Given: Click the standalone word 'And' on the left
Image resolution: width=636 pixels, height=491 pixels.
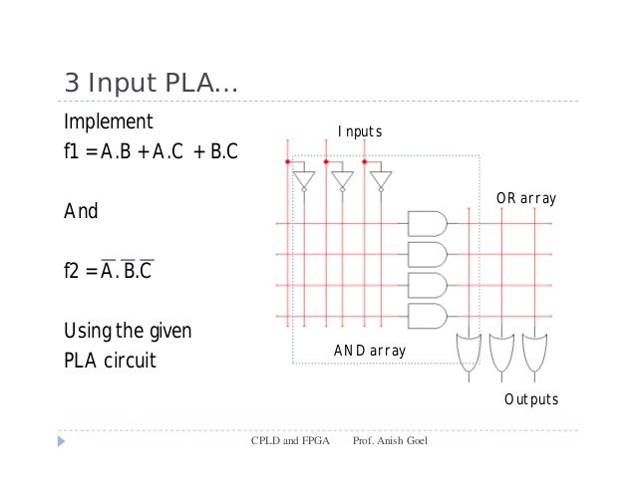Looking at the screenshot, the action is click(x=81, y=211).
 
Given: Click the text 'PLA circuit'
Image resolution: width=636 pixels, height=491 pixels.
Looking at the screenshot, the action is click(x=110, y=359).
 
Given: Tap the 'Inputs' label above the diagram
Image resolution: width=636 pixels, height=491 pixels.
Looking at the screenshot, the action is click(x=359, y=132).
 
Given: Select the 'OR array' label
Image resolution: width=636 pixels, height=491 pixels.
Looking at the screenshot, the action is click(x=525, y=200).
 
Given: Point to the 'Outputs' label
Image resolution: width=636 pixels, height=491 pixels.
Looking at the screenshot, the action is click(x=530, y=399).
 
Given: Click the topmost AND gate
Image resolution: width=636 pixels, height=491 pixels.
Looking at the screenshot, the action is click(x=428, y=223).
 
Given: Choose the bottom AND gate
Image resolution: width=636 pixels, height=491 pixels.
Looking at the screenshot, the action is click(x=428, y=317).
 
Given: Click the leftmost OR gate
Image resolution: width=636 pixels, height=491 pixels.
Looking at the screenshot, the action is click(x=467, y=351).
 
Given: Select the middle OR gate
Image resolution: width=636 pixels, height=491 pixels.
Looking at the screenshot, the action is click(x=502, y=351).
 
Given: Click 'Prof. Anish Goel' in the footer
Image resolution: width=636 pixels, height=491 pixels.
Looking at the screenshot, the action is click(x=390, y=438).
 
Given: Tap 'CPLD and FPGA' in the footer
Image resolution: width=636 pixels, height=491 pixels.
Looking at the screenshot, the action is click(x=289, y=438).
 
